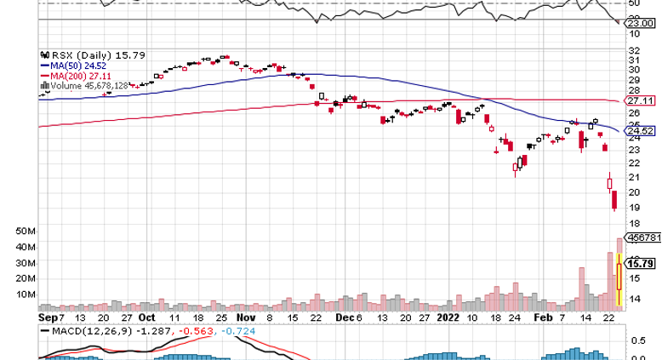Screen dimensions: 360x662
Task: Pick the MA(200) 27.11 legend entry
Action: click(x=74, y=75)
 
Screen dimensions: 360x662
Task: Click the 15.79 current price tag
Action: click(x=640, y=264)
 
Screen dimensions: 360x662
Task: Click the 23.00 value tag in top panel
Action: click(x=642, y=25)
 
